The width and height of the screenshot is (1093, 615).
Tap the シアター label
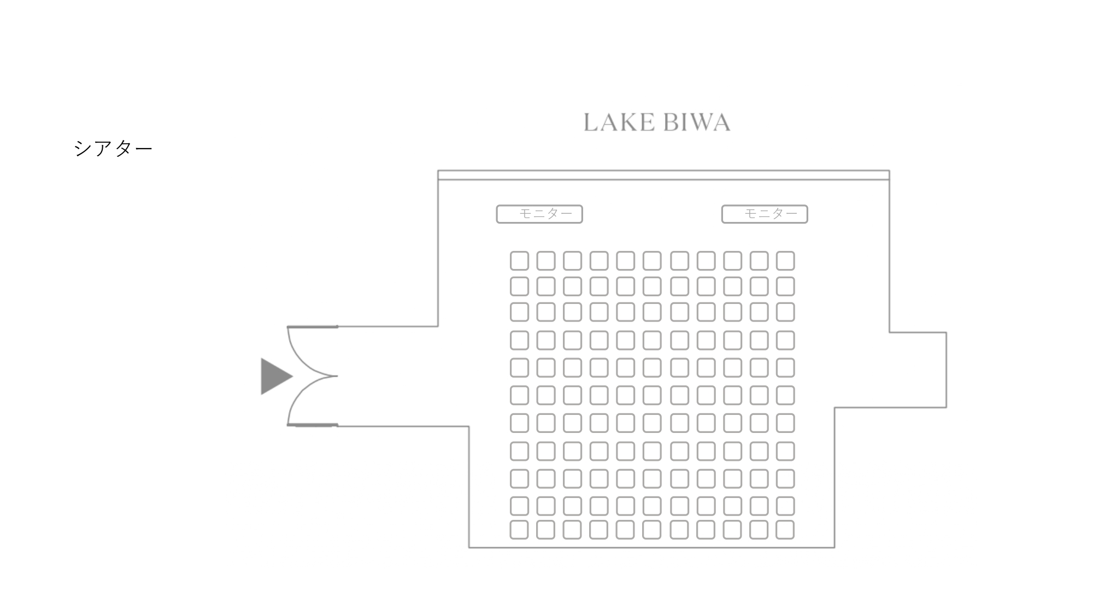[113, 148]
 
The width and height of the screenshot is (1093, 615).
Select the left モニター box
[539, 214]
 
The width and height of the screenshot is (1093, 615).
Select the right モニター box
[765, 214]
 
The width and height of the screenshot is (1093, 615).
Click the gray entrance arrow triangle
[275, 376]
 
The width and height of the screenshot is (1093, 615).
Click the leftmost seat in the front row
[519, 261]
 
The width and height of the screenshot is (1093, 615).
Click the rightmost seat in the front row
[785, 261]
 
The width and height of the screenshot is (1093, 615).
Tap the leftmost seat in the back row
[519, 530]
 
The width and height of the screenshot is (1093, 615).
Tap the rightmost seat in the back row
[785, 530]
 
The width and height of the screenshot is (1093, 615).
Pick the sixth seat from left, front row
[652, 261]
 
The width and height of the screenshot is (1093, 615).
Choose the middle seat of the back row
[652, 530]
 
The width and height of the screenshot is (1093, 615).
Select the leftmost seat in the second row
[519, 286]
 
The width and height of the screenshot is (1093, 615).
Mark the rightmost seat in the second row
[785, 286]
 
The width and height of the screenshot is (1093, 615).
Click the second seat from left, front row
[546, 261]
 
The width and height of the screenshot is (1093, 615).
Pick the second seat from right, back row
[759, 530]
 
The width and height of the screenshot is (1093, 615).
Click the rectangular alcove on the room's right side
[918, 370]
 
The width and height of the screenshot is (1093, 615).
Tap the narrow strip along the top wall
[663, 175]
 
